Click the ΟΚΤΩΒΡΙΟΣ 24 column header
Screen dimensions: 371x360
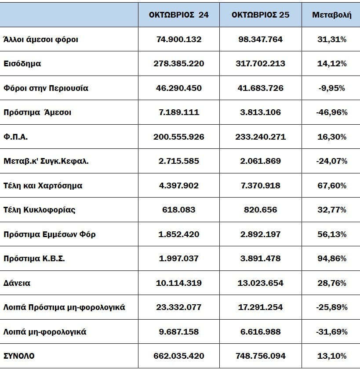(x=178, y=14)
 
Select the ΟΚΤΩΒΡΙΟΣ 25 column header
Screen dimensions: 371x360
(x=260, y=14)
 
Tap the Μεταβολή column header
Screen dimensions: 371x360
(x=331, y=14)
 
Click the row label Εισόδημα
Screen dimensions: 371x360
(x=22, y=63)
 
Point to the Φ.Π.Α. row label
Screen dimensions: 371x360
(x=15, y=137)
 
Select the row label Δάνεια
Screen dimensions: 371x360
(x=17, y=283)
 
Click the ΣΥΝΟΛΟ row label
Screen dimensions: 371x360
(x=19, y=356)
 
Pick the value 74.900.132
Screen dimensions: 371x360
(x=178, y=39)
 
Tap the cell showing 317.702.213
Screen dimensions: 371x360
(x=260, y=63)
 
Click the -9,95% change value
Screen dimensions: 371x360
(x=331, y=88)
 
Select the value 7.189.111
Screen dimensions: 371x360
(x=178, y=112)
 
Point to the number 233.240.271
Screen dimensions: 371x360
(x=260, y=137)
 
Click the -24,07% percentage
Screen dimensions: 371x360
(x=331, y=161)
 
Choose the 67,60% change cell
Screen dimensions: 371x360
(x=331, y=185)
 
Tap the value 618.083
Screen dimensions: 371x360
(x=178, y=209)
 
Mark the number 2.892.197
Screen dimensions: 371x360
(x=260, y=234)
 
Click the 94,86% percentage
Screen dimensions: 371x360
(x=331, y=258)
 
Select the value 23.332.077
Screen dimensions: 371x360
(x=178, y=307)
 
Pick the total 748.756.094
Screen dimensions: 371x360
(x=260, y=356)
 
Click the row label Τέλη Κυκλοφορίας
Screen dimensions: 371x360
(x=40, y=209)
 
